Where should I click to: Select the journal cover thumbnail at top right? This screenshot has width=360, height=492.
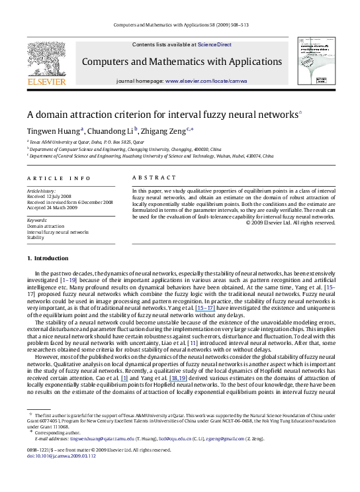click(314, 62)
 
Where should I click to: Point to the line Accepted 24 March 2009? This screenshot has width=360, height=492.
click(54, 207)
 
